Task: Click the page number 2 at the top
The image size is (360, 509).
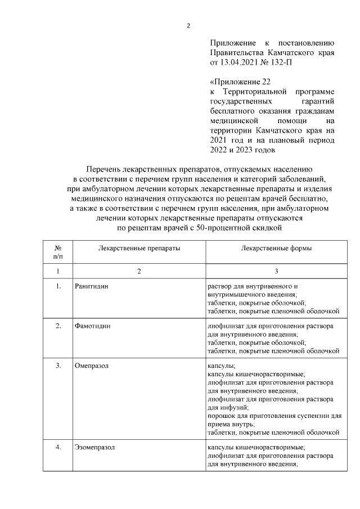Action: [189, 25]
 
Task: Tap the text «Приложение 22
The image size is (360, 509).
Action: [236, 81]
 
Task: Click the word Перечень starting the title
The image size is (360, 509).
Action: [106, 169]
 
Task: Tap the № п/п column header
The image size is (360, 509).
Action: [58, 252]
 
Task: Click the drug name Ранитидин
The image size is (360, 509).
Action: [91, 287]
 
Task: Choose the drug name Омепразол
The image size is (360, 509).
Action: [91, 366]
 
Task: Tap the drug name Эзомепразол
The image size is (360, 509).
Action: [94, 448]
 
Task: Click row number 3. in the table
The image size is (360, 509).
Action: [58, 366]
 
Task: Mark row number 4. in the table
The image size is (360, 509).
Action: [58, 448]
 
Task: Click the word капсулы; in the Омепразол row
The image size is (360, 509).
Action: [222, 366]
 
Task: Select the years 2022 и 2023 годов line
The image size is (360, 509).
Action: [242, 150]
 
